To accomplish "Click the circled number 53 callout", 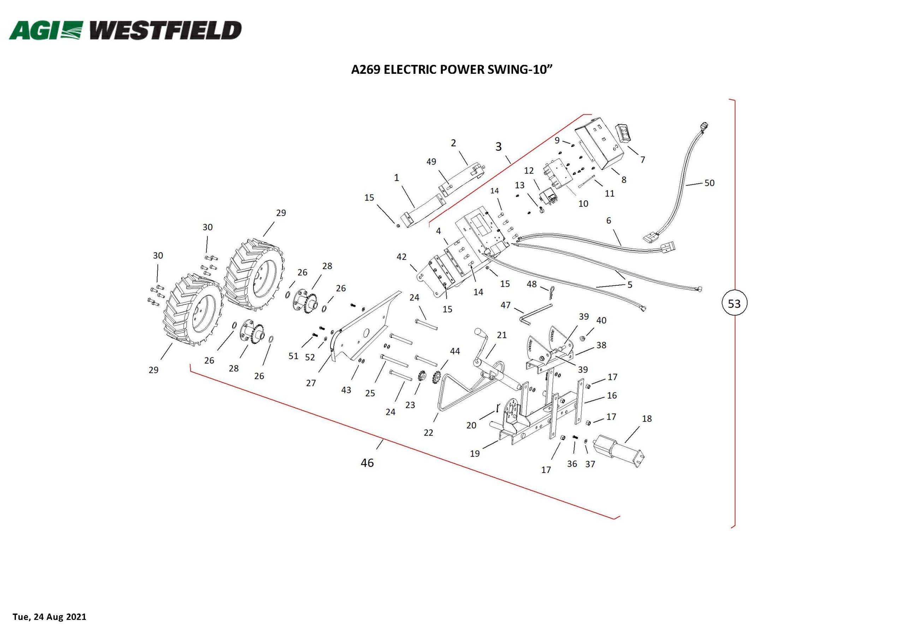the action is pos(734,304).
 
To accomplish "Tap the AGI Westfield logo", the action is pos(125,30).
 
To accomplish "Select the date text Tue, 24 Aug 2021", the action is pos(49,616).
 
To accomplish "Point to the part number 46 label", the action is pos(367,463).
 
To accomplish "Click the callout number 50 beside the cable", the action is pos(709,183).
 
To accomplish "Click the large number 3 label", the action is pos(499,147).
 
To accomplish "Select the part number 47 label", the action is pos(506,305).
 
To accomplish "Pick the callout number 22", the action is pos(428,433).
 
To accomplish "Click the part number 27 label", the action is pos(311,383).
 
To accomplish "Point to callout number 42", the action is pos(401,257).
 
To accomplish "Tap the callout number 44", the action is pos(455,351).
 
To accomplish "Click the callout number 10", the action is pos(583,204).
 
